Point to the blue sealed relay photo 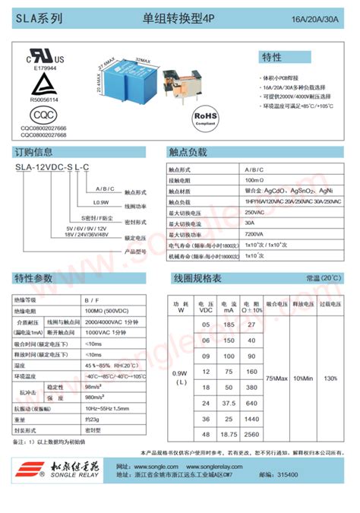click(128, 82)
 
